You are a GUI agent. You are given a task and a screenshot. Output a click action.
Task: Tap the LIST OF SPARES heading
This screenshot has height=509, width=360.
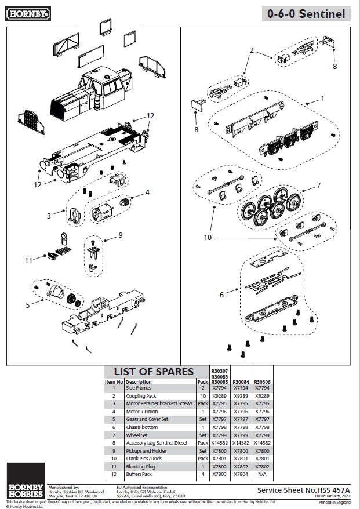154,372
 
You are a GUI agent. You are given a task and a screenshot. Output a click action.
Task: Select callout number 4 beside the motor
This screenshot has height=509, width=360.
147,192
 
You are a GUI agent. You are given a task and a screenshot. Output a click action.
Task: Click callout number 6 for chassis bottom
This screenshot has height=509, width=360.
221,295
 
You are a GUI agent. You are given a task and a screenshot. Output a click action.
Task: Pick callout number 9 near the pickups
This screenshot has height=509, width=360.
121,235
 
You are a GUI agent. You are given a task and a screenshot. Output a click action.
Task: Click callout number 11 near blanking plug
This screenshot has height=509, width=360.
29,260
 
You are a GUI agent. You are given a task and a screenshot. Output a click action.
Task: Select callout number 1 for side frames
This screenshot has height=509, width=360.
322,99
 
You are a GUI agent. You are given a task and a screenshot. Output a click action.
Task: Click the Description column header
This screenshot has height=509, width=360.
139,382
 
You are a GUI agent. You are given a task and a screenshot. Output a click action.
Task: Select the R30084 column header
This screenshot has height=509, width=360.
241,382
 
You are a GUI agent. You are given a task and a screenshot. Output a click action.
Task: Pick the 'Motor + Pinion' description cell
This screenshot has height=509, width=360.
143,412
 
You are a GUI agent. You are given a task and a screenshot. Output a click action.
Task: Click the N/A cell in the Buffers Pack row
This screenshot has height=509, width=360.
262,474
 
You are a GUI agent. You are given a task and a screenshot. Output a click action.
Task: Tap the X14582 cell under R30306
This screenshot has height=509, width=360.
262,443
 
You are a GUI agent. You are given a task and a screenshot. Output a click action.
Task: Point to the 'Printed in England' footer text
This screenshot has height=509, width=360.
334,502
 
